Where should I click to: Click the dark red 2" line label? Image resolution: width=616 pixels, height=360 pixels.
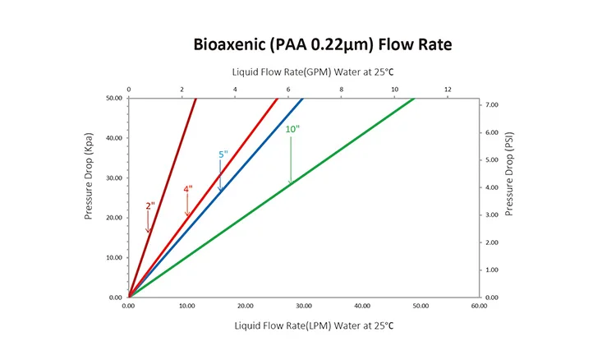(x=149, y=205)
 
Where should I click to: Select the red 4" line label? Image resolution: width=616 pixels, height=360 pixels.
(x=188, y=189)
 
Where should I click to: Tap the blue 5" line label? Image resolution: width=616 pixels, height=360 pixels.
(x=223, y=155)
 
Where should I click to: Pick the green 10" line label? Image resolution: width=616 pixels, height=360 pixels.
(x=290, y=129)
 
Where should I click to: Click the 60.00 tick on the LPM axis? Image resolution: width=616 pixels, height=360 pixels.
(x=479, y=306)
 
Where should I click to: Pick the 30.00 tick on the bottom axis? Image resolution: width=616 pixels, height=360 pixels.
(x=304, y=306)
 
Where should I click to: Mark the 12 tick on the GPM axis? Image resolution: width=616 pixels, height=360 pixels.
(x=448, y=89)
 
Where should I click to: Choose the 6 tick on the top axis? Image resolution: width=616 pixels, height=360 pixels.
(x=288, y=89)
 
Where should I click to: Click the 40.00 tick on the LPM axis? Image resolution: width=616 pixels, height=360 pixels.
(x=362, y=306)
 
